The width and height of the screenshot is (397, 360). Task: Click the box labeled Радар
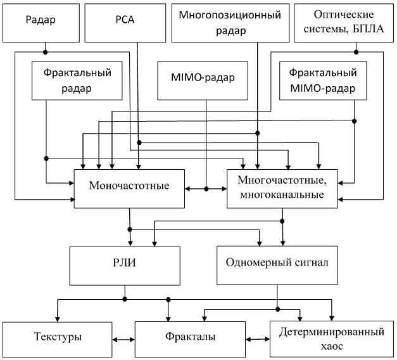[41, 23]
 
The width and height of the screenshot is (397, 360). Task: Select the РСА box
[125, 23]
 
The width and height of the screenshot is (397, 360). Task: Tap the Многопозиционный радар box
[230, 23]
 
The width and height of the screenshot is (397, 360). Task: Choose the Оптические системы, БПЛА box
[344, 23]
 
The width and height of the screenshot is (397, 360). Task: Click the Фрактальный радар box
[77, 80]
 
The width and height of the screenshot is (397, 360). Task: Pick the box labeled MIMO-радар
[203, 80]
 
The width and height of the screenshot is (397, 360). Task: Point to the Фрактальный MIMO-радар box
[323, 80]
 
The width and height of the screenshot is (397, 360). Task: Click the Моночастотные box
[129, 189]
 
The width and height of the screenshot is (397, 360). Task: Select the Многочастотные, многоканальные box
[282, 189]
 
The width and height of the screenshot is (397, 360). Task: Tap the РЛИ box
[125, 266]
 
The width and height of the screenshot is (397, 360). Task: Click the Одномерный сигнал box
[277, 265]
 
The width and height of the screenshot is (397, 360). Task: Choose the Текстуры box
[58, 340]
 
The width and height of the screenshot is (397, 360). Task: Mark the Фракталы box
[190, 340]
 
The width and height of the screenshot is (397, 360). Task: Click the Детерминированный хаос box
[332, 339]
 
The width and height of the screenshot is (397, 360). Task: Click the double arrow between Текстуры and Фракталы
[123, 340]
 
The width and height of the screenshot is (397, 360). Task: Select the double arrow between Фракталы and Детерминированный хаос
[258, 339]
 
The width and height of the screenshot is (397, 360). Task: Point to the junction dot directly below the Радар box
[46, 52]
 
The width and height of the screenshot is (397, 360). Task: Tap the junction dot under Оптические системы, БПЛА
[356, 52]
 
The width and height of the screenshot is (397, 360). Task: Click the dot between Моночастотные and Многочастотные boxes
[206, 189]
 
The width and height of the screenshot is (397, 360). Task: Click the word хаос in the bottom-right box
[332, 347]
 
